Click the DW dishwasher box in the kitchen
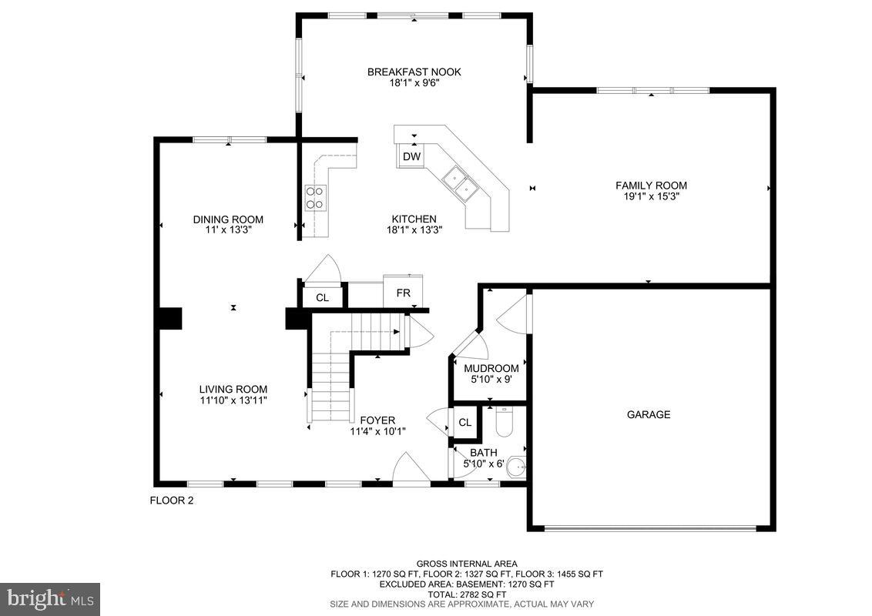(x=412, y=157)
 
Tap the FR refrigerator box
(x=403, y=293)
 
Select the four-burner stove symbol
(x=315, y=197)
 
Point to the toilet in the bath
(x=504, y=422)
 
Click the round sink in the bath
(x=518, y=467)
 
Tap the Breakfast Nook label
(x=414, y=72)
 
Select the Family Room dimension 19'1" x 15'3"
(x=651, y=196)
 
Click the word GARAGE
(x=648, y=414)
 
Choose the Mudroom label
(x=491, y=368)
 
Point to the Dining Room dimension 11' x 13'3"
(x=228, y=229)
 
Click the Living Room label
(x=233, y=390)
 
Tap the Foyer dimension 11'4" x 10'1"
(x=377, y=431)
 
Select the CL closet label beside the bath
(x=465, y=423)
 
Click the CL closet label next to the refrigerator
(x=322, y=297)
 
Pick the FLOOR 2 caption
(x=171, y=500)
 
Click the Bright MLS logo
(x=50, y=598)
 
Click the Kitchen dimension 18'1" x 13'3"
(x=414, y=229)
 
